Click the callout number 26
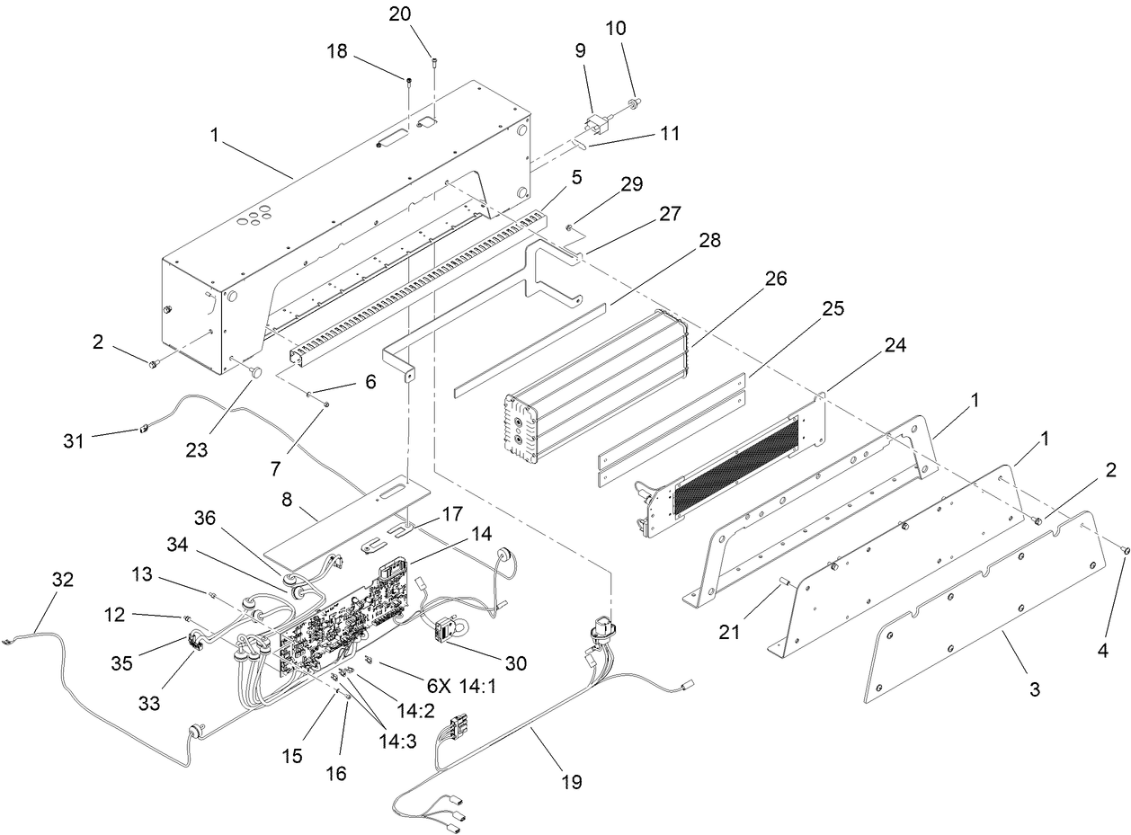pyautogui.click(x=775, y=280)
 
